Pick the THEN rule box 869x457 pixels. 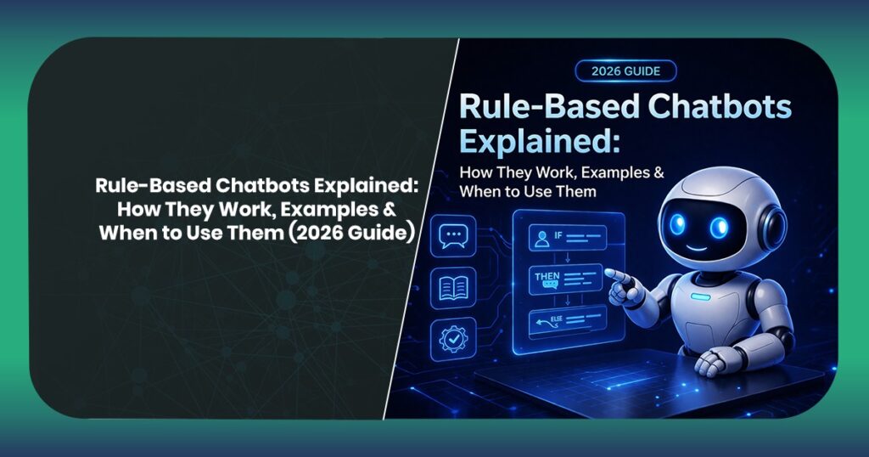[x=564, y=279]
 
